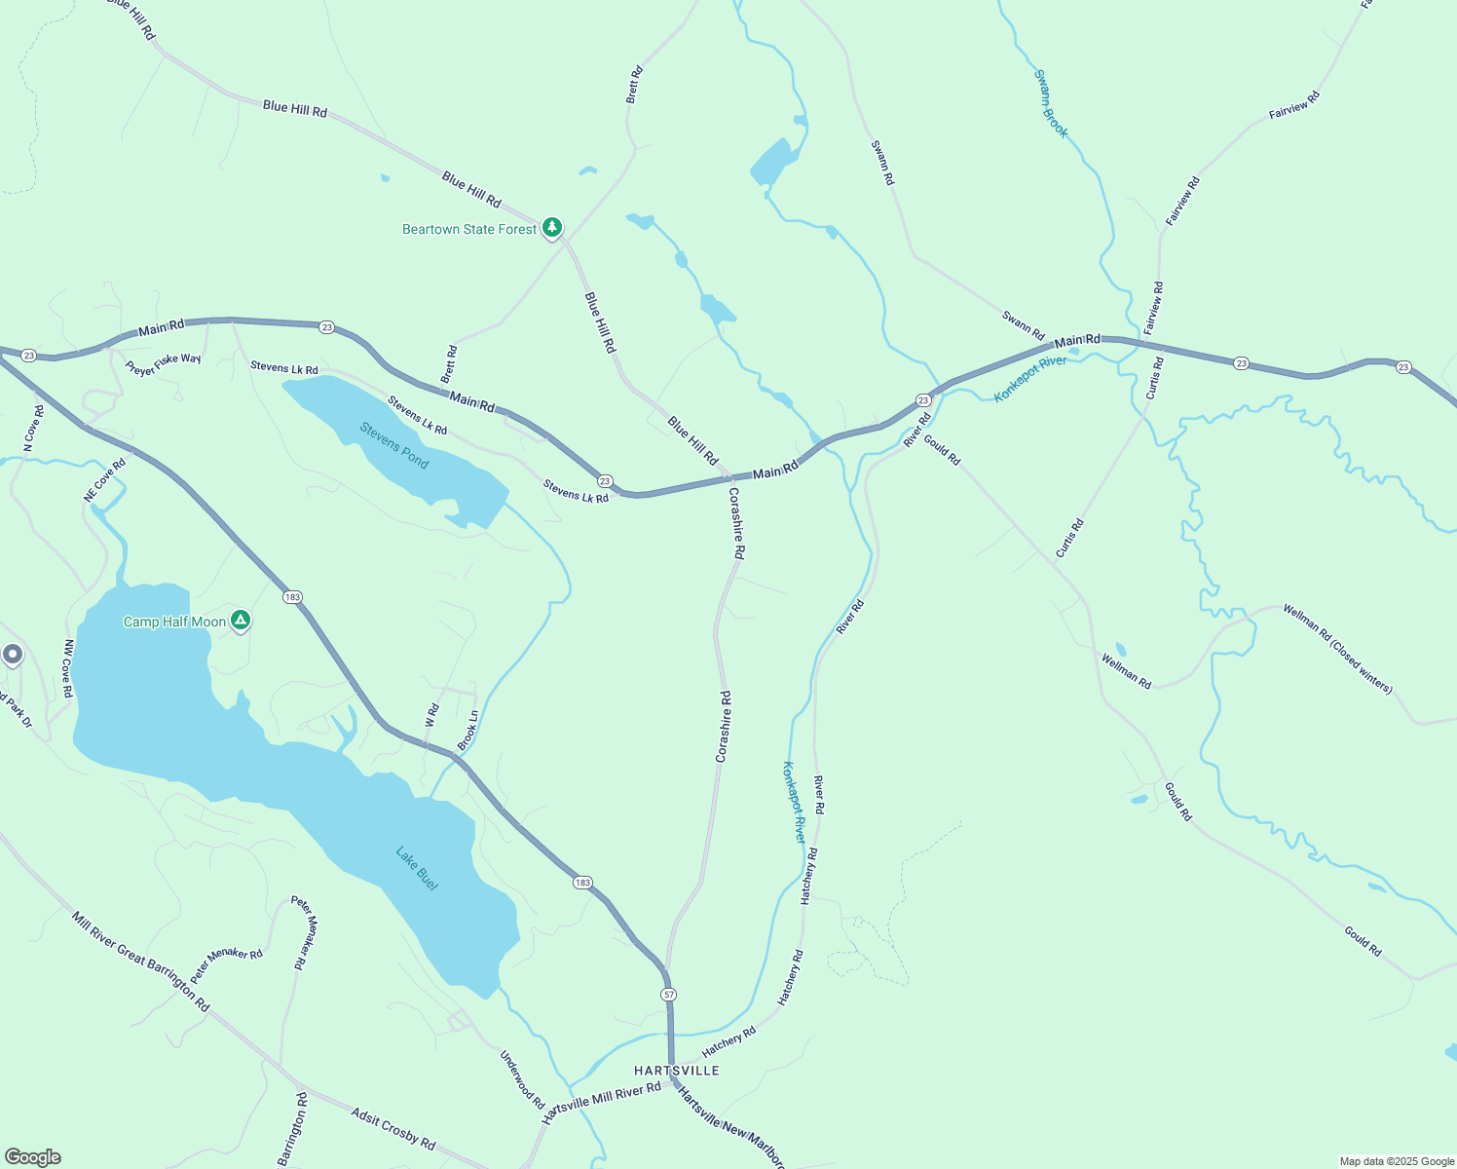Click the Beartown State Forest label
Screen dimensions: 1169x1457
pyautogui.click(x=469, y=230)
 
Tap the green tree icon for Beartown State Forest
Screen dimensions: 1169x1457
pyautogui.click(x=552, y=228)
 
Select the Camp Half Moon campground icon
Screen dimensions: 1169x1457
pyautogui.click(x=241, y=621)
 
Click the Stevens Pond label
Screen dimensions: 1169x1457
pyautogui.click(x=394, y=445)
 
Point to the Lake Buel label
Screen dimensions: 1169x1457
pyautogui.click(x=417, y=868)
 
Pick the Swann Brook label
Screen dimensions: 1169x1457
pyautogui.click(x=1051, y=103)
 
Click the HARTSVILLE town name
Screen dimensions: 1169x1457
pyautogui.click(x=677, y=1071)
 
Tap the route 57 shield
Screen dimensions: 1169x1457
pyautogui.click(x=668, y=995)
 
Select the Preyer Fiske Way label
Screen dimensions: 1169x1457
pyautogui.click(x=164, y=363)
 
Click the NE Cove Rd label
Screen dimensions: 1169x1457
pyautogui.click(x=105, y=480)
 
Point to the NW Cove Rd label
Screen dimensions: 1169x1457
pyautogui.click(x=67, y=668)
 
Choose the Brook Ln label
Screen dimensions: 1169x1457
pyautogui.click(x=468, y=730)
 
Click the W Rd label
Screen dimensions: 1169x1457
pyautogui.click(x=432, y=716)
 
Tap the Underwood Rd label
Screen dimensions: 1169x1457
pyautogui.click(x=522, y=1079)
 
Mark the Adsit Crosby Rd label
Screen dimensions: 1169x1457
pyautogui.click(x=392, y=1128)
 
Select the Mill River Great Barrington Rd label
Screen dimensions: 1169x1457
pyautogui.click(x=141, y=962)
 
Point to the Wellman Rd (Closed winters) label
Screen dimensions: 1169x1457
pyautogui.click(x=1337, y=649)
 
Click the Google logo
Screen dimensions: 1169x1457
pyautogui.click(x=33, y=1157)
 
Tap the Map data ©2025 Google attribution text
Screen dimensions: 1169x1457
pyautogui.click(x=1397, y=1161)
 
